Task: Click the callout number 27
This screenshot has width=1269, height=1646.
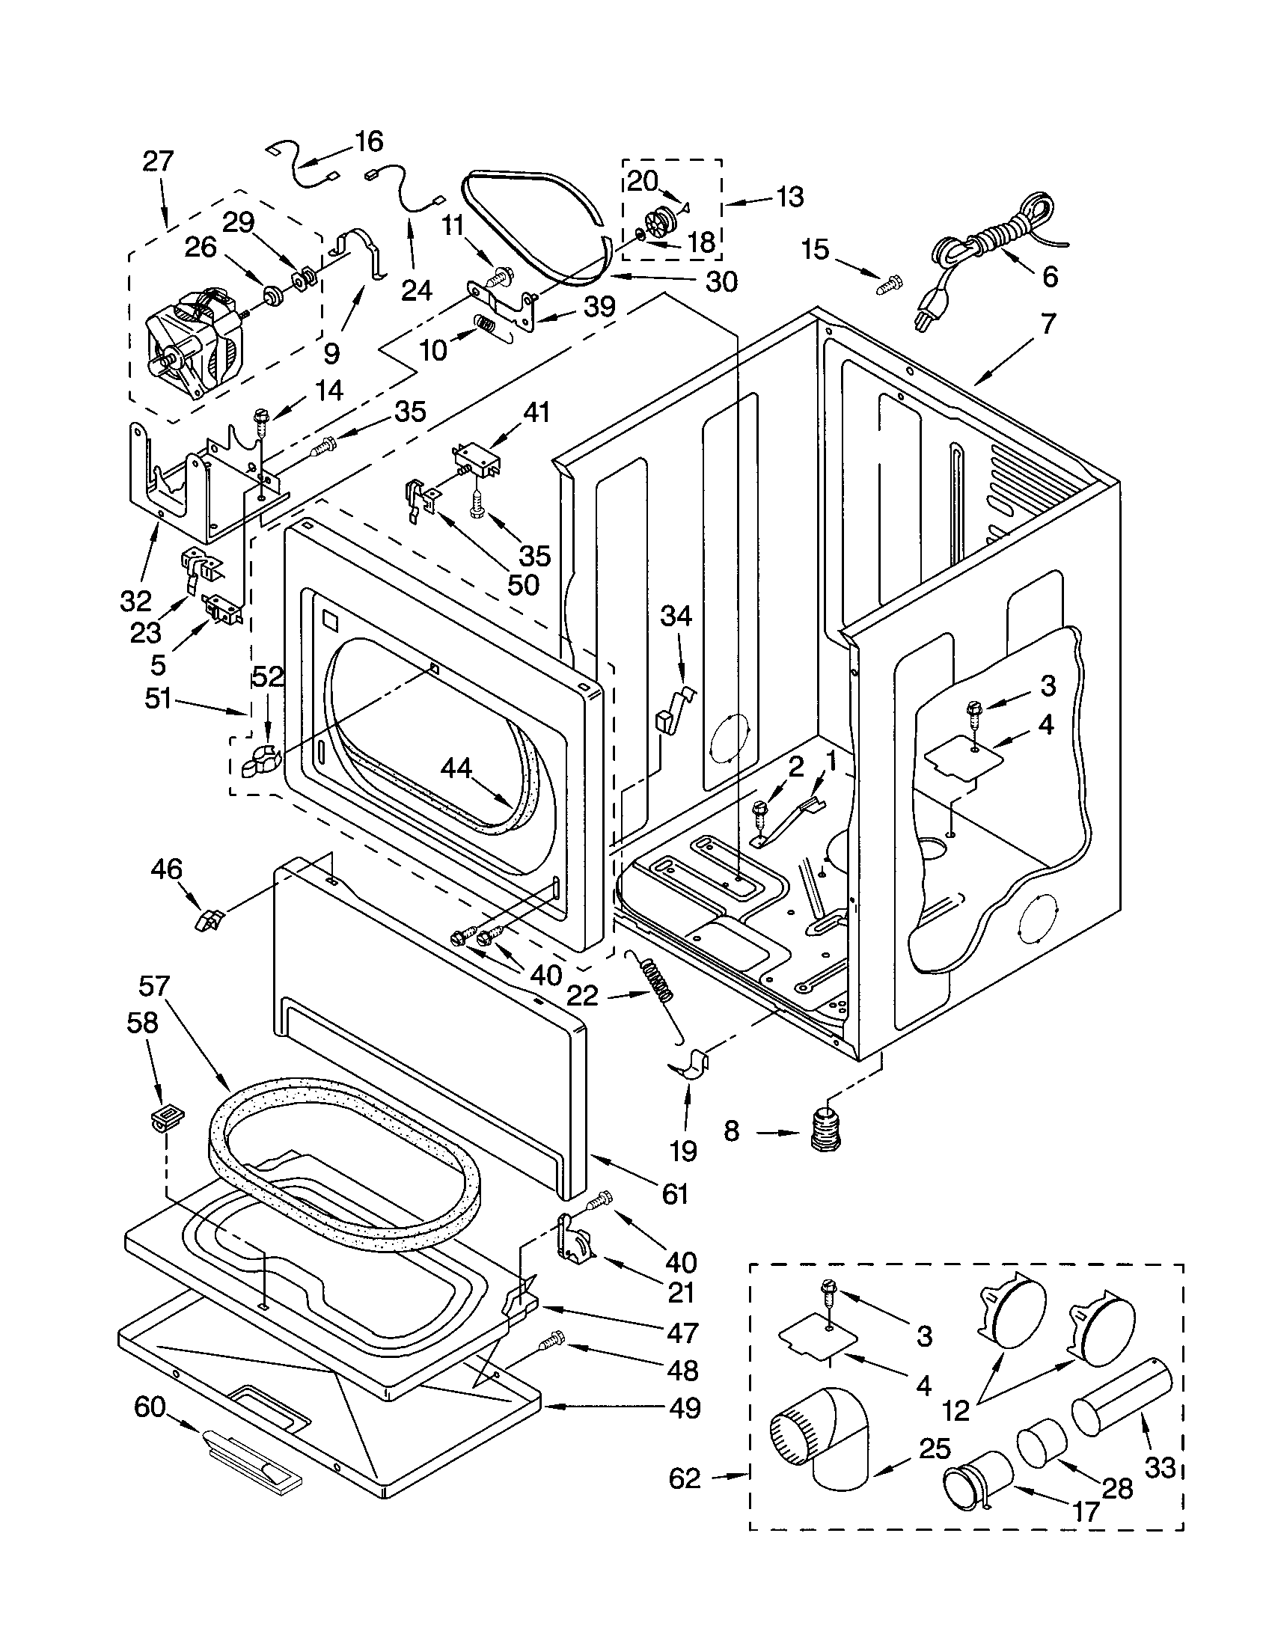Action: (x=157, y=162)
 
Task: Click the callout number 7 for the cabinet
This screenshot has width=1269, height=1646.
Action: (x=1049, y=324)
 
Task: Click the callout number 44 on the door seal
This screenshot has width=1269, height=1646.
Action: (x=456, y=768)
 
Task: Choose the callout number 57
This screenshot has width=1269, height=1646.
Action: (x=154, y=985)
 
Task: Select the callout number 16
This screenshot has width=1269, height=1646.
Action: (x=368, y=141)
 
